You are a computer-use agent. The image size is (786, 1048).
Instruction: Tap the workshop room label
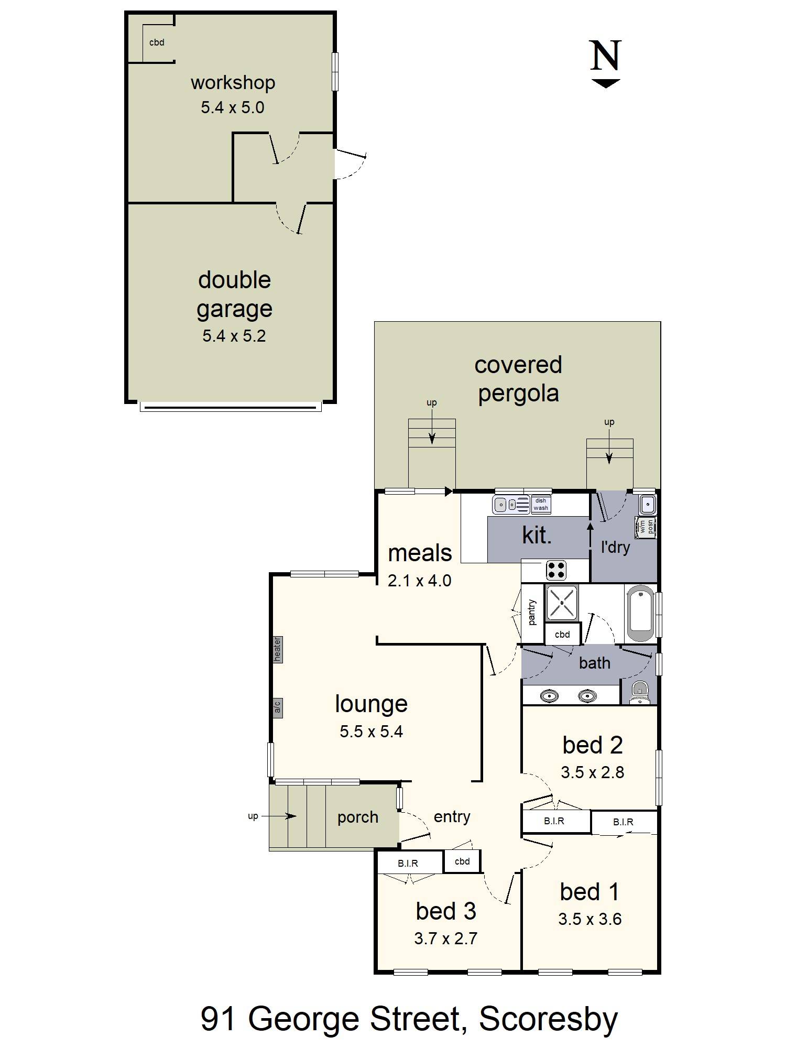(x=233, y=83)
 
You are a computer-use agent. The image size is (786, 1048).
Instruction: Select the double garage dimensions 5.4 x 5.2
(x=234, y=336)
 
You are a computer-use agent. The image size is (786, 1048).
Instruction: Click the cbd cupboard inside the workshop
(x=157, y=43)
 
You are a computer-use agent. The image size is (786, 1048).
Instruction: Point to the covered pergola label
(x=518, y=379)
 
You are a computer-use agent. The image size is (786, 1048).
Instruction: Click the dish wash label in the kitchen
(x=541, y=505)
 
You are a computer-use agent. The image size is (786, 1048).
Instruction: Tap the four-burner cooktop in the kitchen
(x=556, y=570)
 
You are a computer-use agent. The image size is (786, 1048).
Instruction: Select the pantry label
(x=532, y=613)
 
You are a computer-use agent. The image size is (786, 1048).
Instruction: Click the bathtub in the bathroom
(x=640, y=614)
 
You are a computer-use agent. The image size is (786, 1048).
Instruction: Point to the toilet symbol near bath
(x=639, y=693)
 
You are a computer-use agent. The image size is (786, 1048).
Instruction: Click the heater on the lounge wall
(x=277, y=649)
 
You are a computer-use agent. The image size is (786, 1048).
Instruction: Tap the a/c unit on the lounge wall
(x=277, y=708)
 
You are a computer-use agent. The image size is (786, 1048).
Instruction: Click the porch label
(x=357, y=817)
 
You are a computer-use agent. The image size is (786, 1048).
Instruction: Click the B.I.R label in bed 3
(x=408, y=864)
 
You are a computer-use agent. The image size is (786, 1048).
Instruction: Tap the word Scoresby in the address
(x=548, y=1019)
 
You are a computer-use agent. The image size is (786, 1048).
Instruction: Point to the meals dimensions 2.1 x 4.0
(x=419, y=581)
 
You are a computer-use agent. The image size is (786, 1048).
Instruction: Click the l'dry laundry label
(x=615, y=548)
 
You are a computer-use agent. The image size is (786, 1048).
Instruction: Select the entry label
(x=452, y=816)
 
